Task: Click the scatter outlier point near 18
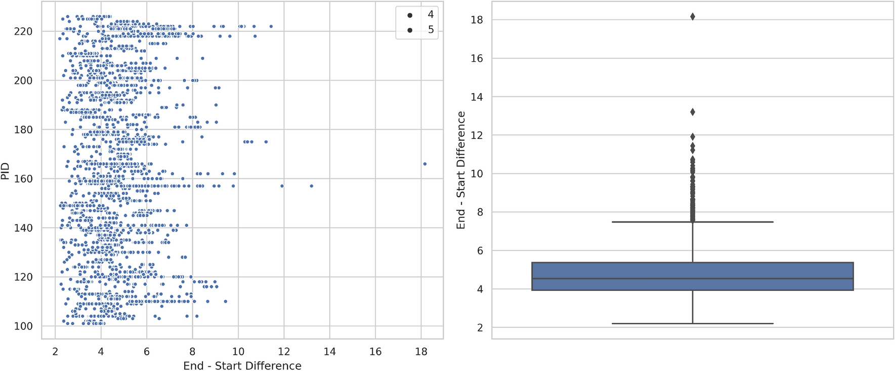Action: tap(424, 164)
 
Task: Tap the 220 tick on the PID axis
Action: tap(23, 31)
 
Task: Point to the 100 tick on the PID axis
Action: tap(23, 326)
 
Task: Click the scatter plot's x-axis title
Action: tap(242, 365)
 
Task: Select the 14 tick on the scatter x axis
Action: tap(329, 352)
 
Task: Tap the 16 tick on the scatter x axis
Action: tap(375, 352)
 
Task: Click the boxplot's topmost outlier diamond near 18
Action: tap(692, 17)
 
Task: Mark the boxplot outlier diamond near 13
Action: tap(692, 112)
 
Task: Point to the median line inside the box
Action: tap(692, 278)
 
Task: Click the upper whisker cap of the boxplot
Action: tap(692, 222)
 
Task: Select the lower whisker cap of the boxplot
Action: tap(692, 323)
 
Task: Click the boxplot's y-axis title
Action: tap(461, 170)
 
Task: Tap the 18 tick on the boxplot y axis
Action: tap(477, 20)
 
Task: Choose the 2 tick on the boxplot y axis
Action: tap(480, 328)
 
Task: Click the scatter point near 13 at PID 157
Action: tap(311, 186)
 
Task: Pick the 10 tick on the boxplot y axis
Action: tap(477, 174)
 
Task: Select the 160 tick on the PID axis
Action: tap(23, 179)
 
